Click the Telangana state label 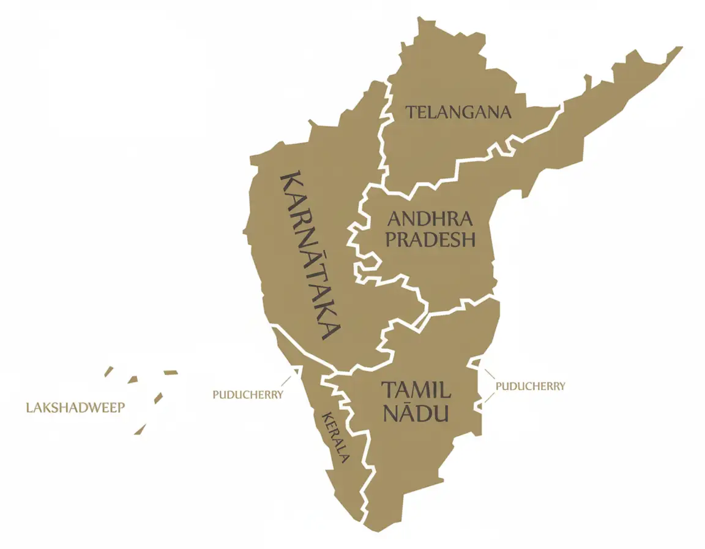(x=458, y=113)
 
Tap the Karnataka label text (x=309, y=256)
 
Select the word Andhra (x=430, y=219)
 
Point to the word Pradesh (x=430, y=240)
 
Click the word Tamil (x=416, y=390)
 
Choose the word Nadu (x=416, y=412)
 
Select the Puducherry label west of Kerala (x=248, y=395)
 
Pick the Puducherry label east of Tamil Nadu (x=530, y=386)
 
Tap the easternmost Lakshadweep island (x=170, y=372)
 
